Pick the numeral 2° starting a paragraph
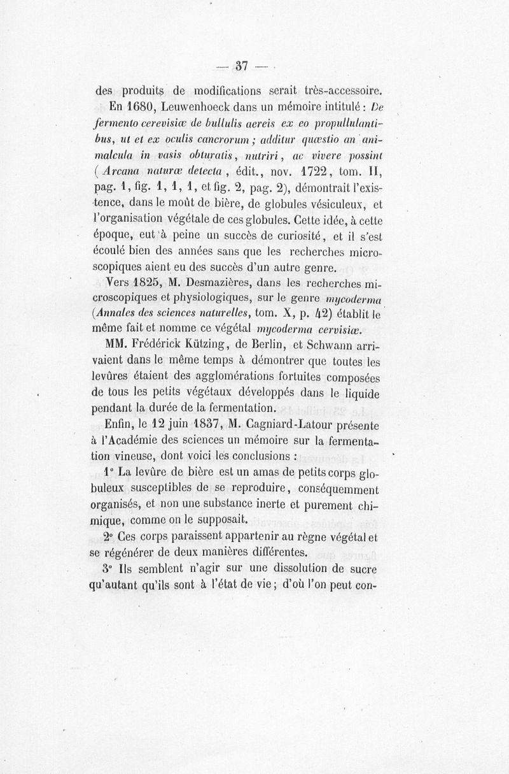pyautogui.click(x=106, y=536)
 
